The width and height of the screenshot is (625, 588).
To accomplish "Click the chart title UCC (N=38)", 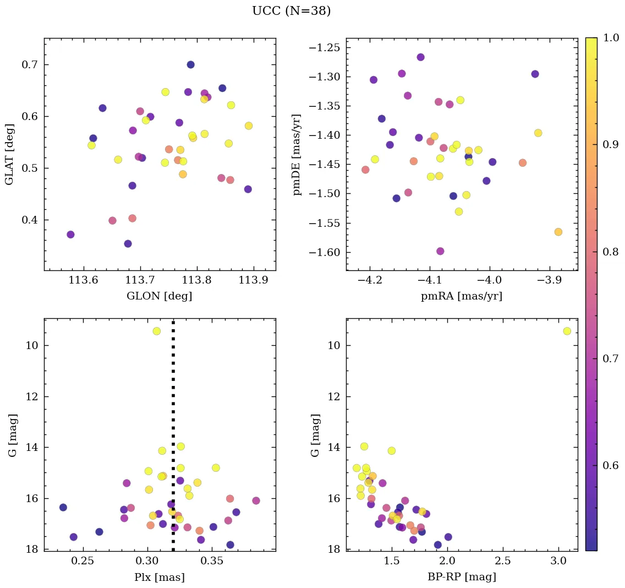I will click(291, 11).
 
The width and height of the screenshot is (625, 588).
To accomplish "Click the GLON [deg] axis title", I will click(160, 296).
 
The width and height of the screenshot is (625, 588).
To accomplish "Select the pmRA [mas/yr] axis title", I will click(461, 296).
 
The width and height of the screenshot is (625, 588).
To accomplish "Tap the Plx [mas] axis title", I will click(160, 577).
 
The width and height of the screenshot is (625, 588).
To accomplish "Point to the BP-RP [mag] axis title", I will click(461, 577).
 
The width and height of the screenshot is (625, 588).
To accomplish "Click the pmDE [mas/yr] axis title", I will click(297, 154).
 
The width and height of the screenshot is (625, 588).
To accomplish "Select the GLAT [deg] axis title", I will click(9, 154).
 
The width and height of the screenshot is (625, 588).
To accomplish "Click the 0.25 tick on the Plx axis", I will click(84, 560).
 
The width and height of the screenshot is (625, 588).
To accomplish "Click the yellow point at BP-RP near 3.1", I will click(567, 331).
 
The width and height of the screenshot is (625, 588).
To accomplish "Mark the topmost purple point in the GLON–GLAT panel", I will click(190, 64).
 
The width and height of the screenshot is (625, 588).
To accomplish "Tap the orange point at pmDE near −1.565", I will click(558, 232).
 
